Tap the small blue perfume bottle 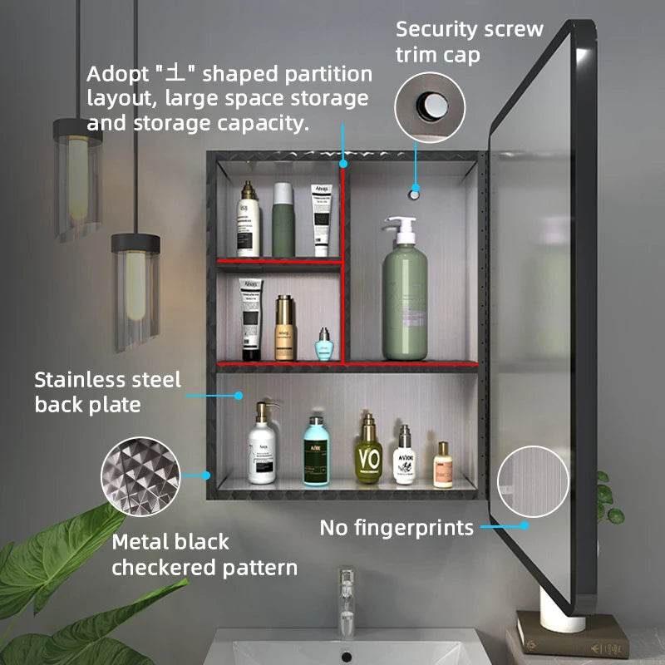tap(324, 344)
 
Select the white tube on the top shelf tap(322, 219)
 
